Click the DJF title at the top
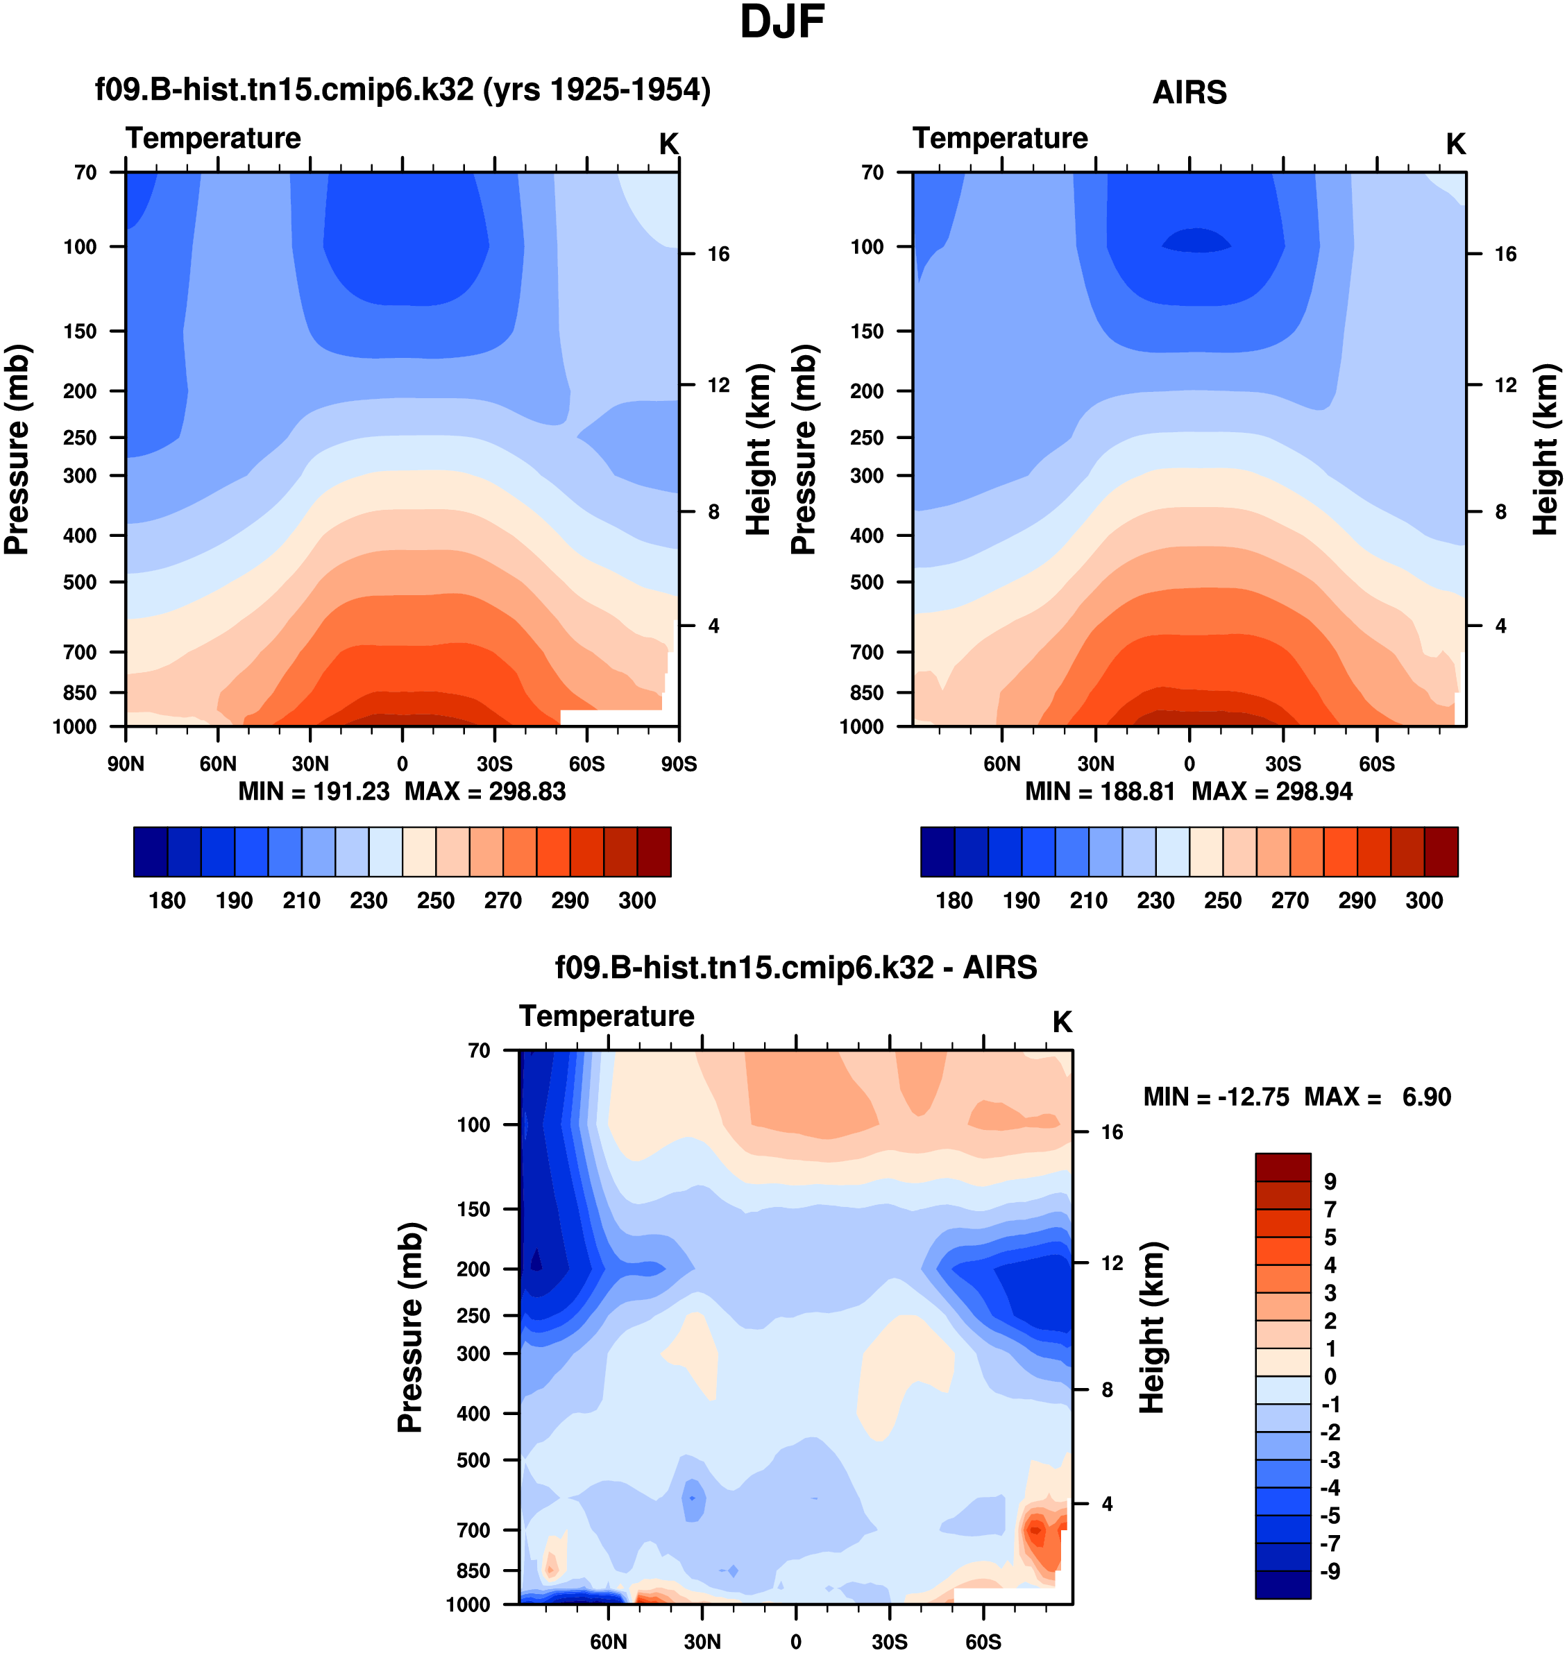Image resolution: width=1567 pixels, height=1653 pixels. coord(782,22)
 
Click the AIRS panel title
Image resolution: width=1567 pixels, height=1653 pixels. coord(1189,92)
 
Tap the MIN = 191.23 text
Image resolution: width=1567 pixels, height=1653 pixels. coord(314,791)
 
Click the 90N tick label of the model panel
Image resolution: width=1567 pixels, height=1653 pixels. coord(126,764)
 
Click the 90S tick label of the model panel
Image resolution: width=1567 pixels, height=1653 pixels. coord(678,764)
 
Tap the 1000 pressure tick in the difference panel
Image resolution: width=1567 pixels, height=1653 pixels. coord(468,1604)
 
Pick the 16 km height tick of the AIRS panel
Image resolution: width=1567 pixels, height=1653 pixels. coord(1505,254)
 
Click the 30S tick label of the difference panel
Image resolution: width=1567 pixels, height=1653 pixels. coord(890,1641)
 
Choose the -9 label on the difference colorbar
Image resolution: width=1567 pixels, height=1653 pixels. coord(1330,1571)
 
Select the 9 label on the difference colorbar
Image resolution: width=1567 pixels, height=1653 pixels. coord(1330,1181)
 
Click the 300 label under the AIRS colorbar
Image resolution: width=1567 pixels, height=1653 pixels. coord(1424,900)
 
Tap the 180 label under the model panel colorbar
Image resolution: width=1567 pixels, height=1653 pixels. coord(167,900)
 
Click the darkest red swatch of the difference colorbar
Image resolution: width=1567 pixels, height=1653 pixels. coord(1283,1167)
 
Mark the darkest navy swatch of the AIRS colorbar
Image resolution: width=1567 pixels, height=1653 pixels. coord(937,852)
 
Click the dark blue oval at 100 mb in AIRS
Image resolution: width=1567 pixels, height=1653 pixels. coord(1197,241)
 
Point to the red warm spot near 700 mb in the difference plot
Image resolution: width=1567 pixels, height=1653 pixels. coord(1035,1531)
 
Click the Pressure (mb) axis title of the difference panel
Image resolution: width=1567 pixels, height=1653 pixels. coord(410,1328)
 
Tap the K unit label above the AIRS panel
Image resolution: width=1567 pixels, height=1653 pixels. coord(1456,144)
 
